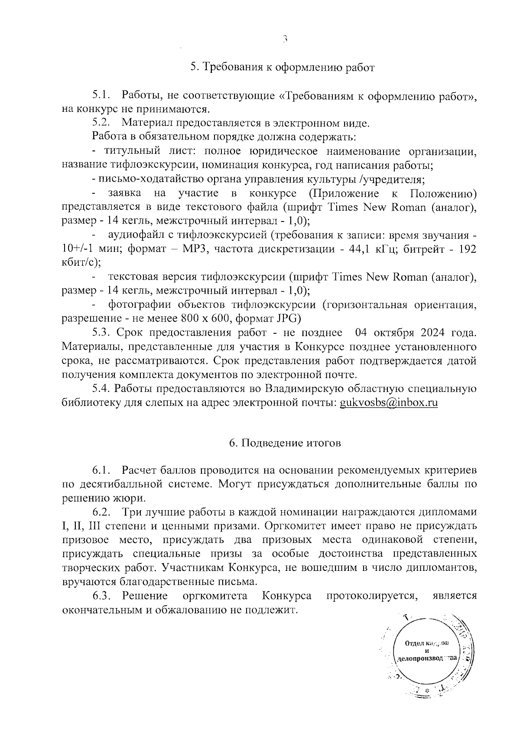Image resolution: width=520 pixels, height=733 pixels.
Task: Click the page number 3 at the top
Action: [x=285, y=39]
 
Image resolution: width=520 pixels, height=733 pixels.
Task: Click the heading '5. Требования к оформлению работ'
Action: [x=282, y=68]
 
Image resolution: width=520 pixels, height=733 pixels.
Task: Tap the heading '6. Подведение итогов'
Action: [x=285, y=443]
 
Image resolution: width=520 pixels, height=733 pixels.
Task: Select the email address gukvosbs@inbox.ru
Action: [x=389, y=403]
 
